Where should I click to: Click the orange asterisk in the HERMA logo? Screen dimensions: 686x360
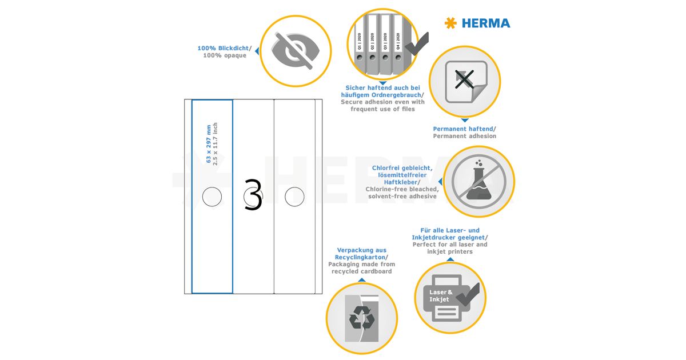[x=450, y=23]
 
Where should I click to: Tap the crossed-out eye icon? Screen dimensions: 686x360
[x=296, y=51]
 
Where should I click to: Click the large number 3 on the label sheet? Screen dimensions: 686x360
[x=253, y=195]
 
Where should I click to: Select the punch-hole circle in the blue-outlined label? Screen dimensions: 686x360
[x=212, y=197]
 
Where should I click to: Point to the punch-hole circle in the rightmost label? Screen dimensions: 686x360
[x=294, y=197]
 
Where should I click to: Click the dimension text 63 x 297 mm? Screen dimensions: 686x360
[x=209, y=144]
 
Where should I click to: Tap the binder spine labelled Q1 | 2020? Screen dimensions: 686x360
[x=360, y=43]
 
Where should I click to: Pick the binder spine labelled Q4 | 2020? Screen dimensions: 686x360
[x=398, y=43]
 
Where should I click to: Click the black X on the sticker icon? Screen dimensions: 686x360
[x=464, y=79]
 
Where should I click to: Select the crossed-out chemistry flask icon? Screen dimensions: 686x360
[x=478, y=182]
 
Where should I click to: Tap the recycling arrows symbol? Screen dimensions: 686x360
[x=362, y=318]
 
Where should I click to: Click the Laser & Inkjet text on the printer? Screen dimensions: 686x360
[x=441, y=296]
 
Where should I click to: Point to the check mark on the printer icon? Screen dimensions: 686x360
[x=469, y=294]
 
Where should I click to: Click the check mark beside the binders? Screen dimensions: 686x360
[x=417, y=44]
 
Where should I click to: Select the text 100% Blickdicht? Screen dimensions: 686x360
[x=223, y=48]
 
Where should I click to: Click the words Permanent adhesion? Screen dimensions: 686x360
[x=465, y=136]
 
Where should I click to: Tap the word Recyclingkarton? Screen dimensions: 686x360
[x=360, y=257]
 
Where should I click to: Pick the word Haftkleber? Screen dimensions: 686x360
[x=401, y=182]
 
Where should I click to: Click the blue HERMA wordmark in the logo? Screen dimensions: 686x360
[x=486, y=23]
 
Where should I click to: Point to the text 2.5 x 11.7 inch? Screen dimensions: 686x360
[x=216, y=144]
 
